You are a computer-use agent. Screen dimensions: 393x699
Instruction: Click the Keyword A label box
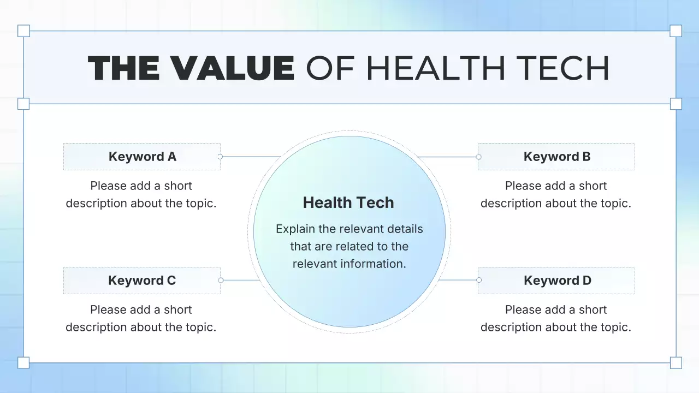tap(142, 157)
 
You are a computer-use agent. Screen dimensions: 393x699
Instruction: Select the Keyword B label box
tap(556, 157)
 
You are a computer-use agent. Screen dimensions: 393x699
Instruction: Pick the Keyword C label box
tap(142, 281)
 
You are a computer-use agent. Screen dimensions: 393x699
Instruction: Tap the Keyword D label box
tap(556, 281)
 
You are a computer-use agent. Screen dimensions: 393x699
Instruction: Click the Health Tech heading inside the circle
tap(348, 203)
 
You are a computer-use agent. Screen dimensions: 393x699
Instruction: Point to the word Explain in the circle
tap(295, 229)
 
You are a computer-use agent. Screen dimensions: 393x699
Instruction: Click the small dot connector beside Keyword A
tap(220, 157)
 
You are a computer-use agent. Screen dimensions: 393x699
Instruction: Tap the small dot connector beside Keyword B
tap(478, 157)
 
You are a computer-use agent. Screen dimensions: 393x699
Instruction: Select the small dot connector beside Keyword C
tap(221, 280)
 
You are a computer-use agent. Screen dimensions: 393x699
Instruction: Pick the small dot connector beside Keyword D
tap(479, 280)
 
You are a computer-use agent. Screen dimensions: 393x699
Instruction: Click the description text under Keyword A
tap(141, 194)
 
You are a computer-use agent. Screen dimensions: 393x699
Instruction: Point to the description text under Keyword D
tap(556, 318)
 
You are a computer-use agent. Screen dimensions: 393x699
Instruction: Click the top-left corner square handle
tap(23, 31)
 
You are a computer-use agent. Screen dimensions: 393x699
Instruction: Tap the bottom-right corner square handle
tap(676, 362)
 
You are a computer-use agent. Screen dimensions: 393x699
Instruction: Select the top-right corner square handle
tap(676, 31)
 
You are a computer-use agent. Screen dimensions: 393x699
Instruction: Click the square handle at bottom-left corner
tap(23, 362)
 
